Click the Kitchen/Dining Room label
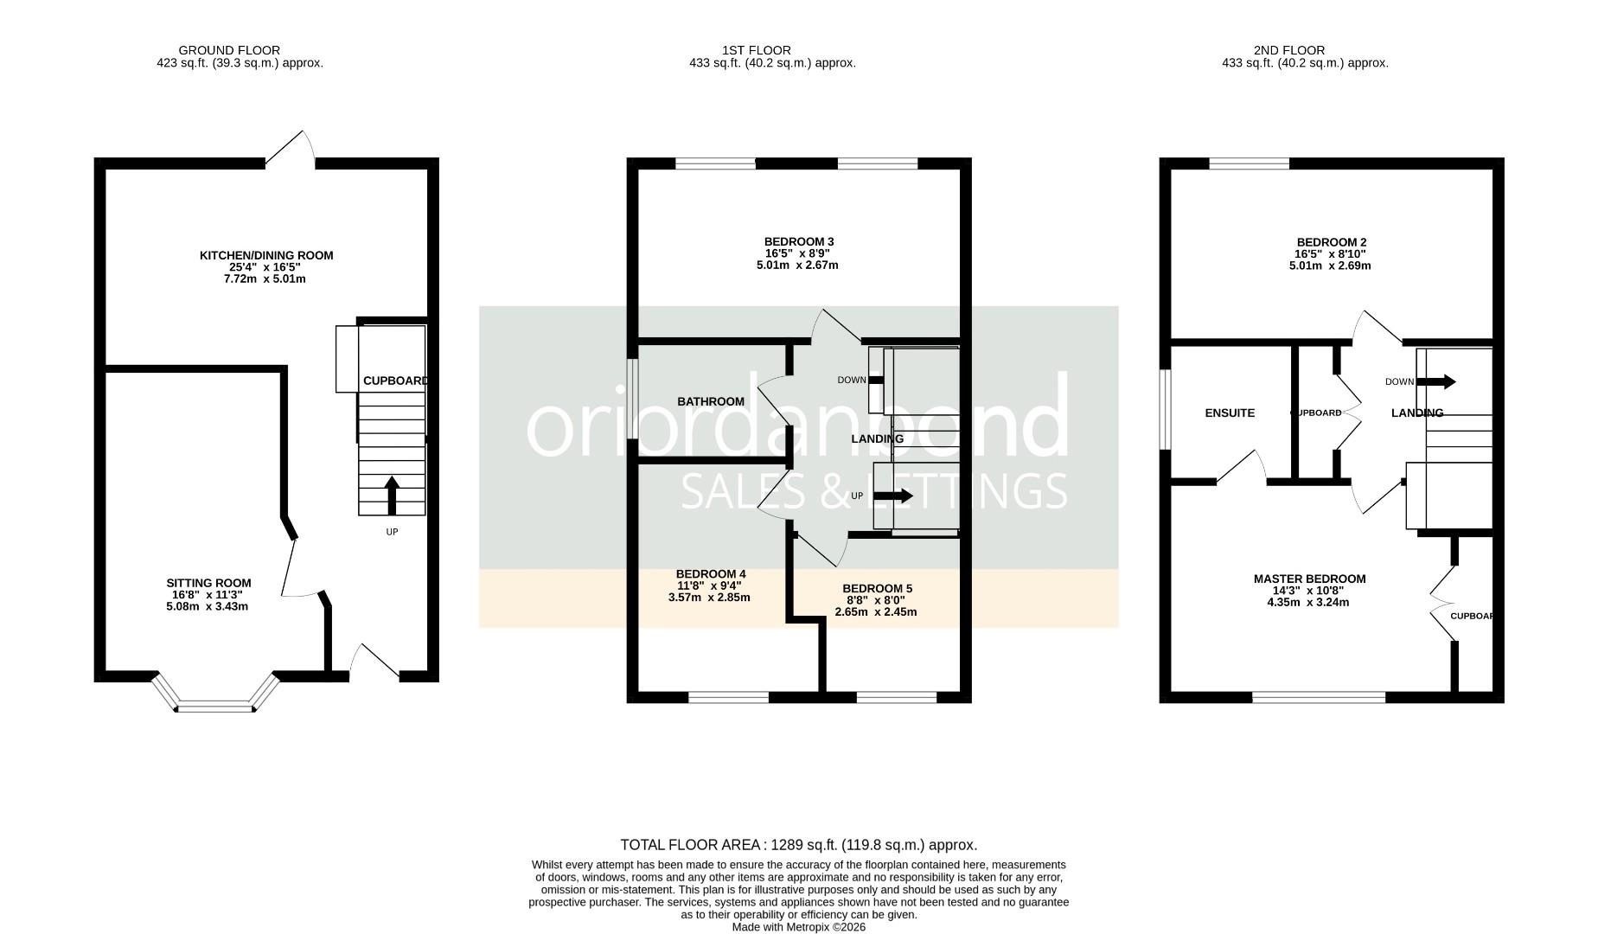(266, 256)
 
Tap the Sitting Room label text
(208, 583)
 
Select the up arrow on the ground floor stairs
(391, 496)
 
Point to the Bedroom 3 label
(798, 242)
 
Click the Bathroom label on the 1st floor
(710, 401)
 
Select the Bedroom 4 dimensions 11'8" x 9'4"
(709, 585)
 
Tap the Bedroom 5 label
(877, 589)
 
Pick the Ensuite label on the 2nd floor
(1229, 413)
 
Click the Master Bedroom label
(1309, 579)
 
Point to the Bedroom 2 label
(1331, 243)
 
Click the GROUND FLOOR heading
(229, 50)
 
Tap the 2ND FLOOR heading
(1288, 50)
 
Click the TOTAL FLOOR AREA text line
(798, 845)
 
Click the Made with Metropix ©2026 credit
(798, 927)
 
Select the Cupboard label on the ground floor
(395, 381)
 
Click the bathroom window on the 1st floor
(633, 399)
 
